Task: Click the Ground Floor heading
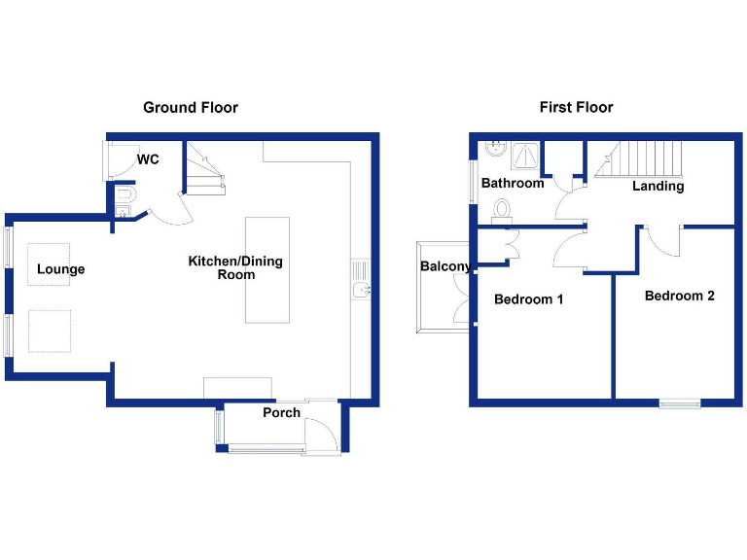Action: point(191,107)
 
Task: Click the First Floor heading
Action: point(577,107)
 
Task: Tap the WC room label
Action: point(148,159)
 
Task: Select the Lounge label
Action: point(61,269)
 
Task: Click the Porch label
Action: point(281,412)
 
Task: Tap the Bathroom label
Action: point(513,183)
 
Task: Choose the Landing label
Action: point(658,186)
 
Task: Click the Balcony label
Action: point(445,266)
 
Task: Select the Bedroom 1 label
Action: point(529,299)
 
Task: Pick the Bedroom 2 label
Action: point(680,296)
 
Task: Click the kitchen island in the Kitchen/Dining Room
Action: point(267,269)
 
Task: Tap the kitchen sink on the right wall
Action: point(360,278)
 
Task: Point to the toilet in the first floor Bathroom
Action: point(503,208)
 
